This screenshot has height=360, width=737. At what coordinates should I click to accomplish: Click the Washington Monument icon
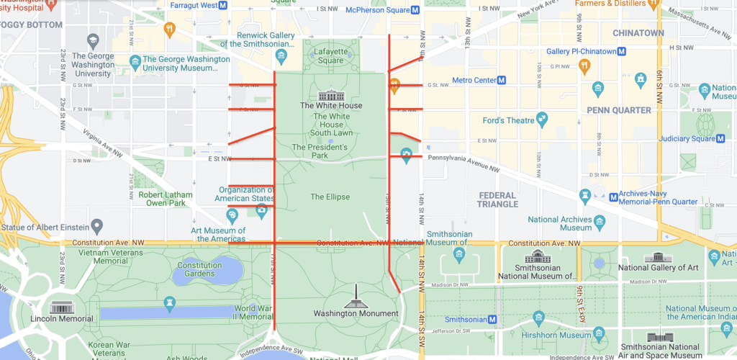356,298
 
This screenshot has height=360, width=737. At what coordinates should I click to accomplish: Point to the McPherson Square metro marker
416,10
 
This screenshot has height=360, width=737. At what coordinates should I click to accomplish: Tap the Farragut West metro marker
223,5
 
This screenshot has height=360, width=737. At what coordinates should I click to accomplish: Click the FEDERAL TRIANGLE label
497,199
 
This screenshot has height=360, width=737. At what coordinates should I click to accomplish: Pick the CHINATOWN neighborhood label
638,33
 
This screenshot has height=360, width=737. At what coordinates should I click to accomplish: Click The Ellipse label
330,197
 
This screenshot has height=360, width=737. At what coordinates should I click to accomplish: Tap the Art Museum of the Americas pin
232,215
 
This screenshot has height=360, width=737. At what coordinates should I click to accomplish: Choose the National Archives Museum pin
599,222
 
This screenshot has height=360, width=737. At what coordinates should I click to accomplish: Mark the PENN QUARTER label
618,110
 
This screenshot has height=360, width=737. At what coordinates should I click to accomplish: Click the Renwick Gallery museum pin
281,55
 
